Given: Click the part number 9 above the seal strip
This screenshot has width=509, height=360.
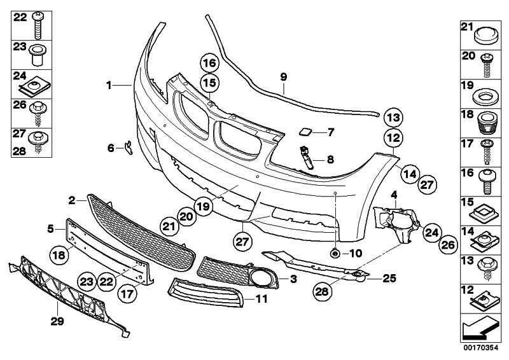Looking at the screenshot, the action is tap(283, 77).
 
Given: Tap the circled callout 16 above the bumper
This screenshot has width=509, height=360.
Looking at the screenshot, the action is tap(210, 63).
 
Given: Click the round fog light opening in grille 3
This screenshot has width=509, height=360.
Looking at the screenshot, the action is tap(261, 278).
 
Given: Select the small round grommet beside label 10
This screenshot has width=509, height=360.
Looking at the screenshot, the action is tap(334, 253).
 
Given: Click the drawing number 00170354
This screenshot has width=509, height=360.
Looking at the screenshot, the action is tap(480, 349).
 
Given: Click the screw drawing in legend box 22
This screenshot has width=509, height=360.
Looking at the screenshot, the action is tap(39, 25).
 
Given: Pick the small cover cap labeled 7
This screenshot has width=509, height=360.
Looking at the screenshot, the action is tap(305, 132).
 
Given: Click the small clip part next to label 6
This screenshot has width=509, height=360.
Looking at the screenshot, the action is tap(129, 148).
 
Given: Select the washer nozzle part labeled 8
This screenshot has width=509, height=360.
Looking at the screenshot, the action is tap(307, 158).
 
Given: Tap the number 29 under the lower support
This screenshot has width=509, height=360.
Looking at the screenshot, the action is tap(57, 321).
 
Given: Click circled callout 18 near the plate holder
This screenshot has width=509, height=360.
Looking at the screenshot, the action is tap(59, 255).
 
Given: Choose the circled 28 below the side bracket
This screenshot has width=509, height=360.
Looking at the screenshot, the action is tap(322, 291).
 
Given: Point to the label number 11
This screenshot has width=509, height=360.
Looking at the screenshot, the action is tap(261, 299).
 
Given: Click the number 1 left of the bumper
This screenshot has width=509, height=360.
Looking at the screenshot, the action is tap(109, 85).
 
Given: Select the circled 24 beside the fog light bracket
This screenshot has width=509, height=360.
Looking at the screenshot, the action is tap(432, 232).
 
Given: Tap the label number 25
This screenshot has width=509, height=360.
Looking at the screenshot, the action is tap(389, 278).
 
